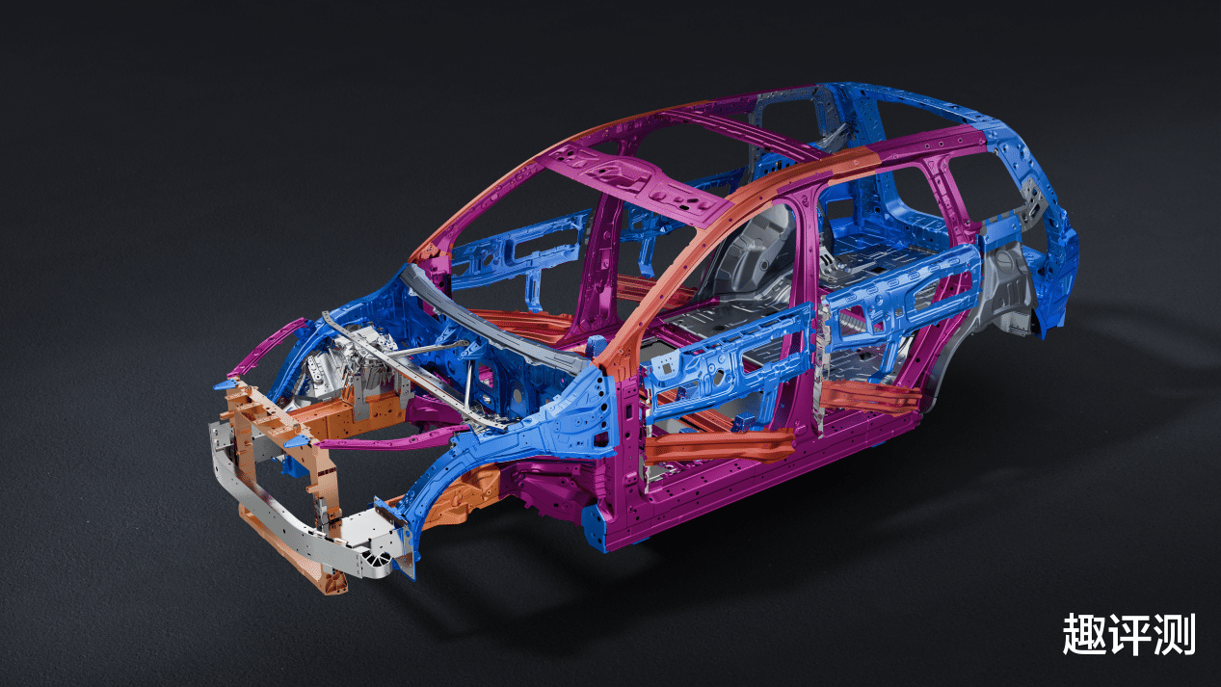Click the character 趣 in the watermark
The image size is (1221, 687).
1084,634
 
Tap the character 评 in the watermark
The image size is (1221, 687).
1128,634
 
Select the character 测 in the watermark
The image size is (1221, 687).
1174,634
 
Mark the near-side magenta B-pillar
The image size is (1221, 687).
800,305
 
